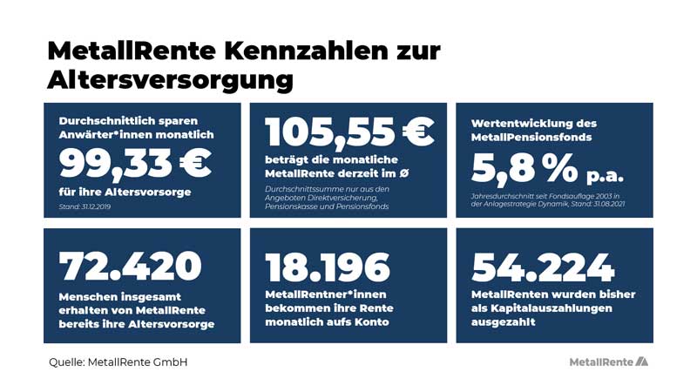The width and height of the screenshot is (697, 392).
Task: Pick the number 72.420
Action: coord(131,267)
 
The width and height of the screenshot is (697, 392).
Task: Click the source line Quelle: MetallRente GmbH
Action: coord(118,362)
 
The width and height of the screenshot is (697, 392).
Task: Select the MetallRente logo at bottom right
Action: coord(608,362)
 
